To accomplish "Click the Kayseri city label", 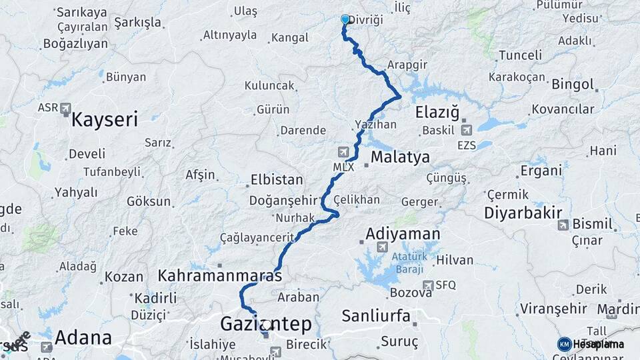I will [104, 120].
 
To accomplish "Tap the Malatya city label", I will [400, 157].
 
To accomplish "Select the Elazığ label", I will [438, 111].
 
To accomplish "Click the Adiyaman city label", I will [403, 234].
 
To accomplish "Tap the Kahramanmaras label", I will [219, 275].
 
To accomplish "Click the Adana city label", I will [83, 337].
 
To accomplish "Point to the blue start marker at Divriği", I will [345, 20].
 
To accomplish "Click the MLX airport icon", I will [343, 151].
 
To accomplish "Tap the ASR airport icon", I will [65, 108].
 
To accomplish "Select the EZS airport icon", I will [466, 130].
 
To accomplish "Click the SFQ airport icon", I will [427, 285].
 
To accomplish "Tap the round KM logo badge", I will [564, 344].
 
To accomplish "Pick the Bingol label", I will [572, 85].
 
